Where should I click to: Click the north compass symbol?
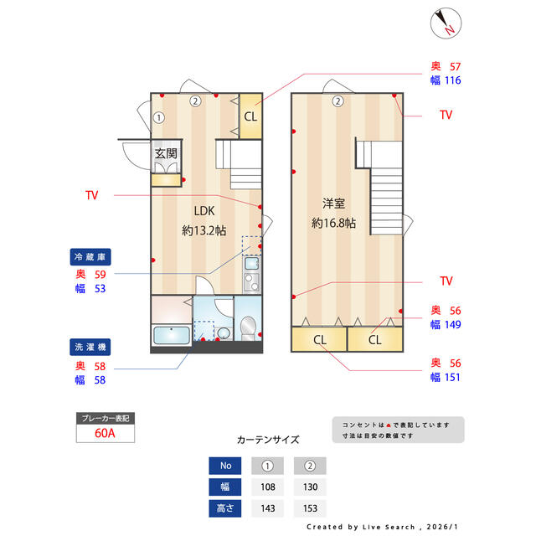click(446, 23)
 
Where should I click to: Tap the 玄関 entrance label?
click(166, 153)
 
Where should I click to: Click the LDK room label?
click(204, 211)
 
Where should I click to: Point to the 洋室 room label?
click(333, 204)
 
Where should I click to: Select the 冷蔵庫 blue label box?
click(90, 257)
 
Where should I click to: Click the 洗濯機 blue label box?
click(90, 347)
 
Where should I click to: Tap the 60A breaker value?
click(105, 433)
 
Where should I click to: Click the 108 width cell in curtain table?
click(268, 487)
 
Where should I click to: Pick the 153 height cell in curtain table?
click(310, 508)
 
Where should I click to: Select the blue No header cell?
click(225, 466)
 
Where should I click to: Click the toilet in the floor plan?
click(248, 328)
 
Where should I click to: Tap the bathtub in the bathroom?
click(172, 335)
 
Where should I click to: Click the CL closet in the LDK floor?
click(250, 116)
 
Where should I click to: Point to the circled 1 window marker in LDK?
click(158, 118)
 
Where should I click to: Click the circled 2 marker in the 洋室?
click(338, 101)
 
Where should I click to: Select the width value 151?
click(452, 378)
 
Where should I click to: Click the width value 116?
click(452, 80)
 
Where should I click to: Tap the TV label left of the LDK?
click(91, 195)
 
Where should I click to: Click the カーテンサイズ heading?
click(268, 440)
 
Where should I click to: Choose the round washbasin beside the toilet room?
click(224, 333)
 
